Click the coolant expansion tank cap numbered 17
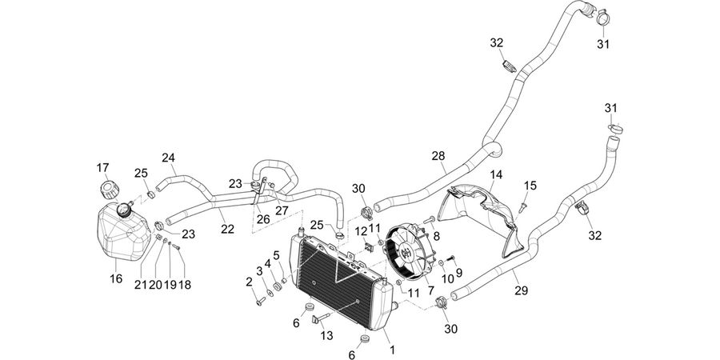pos(108,189)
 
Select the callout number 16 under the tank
pos(116,278)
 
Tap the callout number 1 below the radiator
pos(392,350)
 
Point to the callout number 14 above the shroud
pos(496,174)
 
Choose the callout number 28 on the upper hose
pos(438,156)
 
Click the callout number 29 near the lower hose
pos(522,290)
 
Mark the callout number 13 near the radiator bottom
pos(326,336)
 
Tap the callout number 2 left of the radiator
pos(250,282)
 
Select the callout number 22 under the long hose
pos(227,229)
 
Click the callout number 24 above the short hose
pos(169,158)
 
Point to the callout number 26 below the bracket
pos(263,220)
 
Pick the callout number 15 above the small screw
pos(530,186)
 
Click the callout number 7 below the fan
pos(430,290)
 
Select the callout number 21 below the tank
pos(140,285)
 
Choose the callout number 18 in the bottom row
pos(185,285)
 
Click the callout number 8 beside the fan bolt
pos(436,236)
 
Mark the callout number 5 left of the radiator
pos(277,254)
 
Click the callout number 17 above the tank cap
pos(103,168)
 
